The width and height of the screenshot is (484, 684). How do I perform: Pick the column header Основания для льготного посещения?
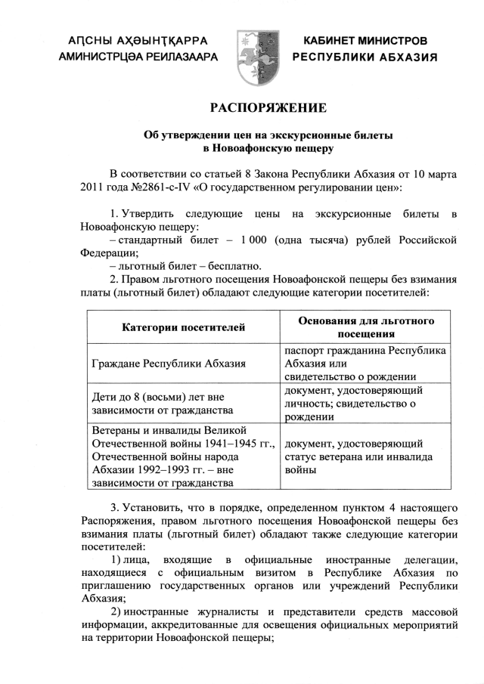point(365,327)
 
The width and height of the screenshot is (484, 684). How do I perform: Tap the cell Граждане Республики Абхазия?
point(168,364)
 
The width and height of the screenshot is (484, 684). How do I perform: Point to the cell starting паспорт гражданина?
point(365,364)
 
